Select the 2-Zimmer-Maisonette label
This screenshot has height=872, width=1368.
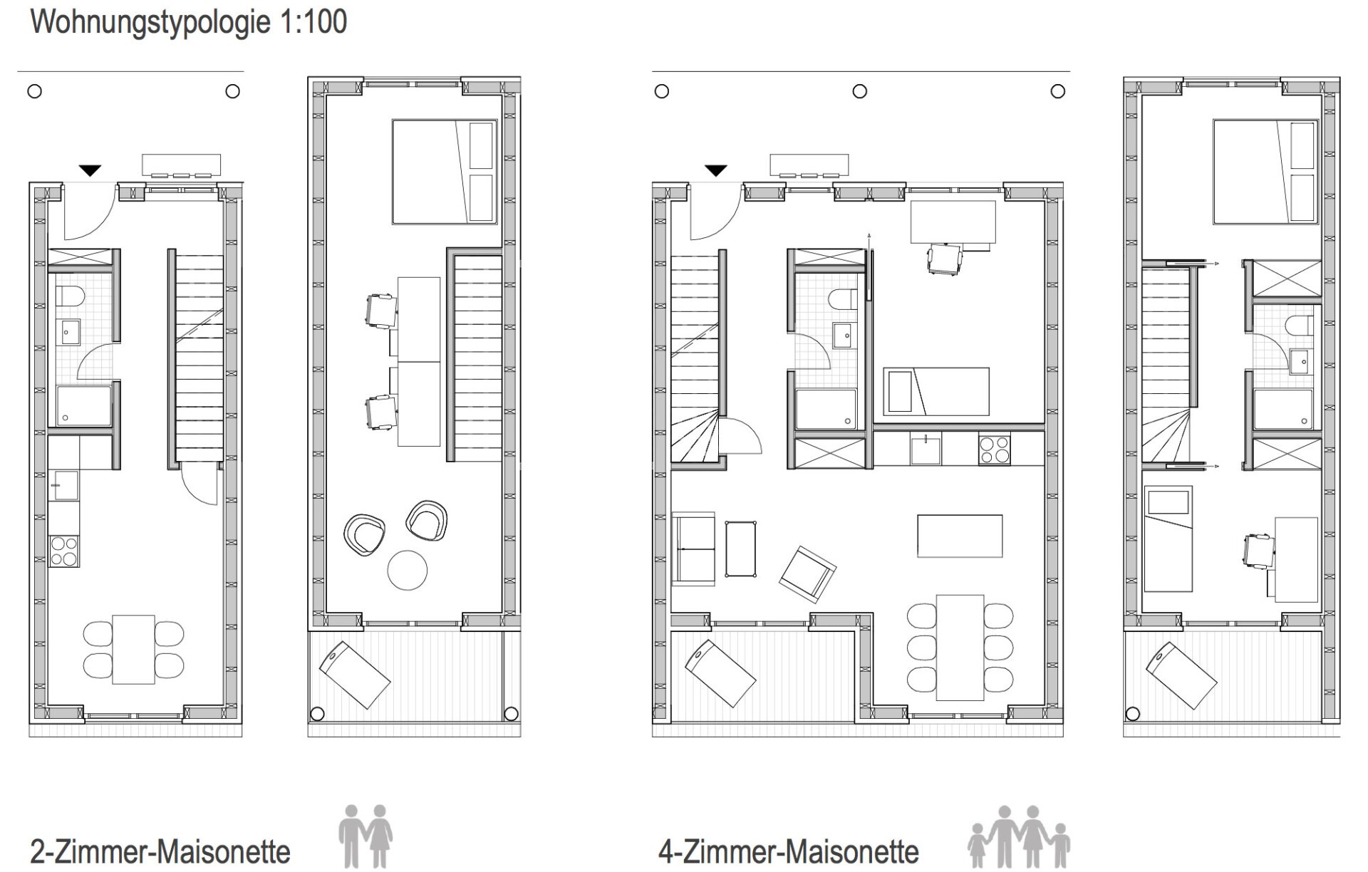click(x=160, y=851)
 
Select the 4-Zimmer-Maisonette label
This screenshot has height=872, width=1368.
click(x=789, y=851)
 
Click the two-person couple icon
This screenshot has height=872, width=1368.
click(x=366, y=836)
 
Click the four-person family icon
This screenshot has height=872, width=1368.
click(x=1019, y=837)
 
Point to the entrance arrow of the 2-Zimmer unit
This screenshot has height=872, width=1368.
click(x=90, y=171)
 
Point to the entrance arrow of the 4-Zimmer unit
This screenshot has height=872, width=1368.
click(x=716, y=171)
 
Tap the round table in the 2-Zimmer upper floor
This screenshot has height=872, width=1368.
click(x=408, y=570)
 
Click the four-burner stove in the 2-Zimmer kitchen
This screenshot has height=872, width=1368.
click(x=64, y=551)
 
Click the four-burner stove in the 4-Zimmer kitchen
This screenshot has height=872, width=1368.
click(x=994, y=449)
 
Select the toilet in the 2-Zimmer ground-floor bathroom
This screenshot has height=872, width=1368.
click(x=70, y=296)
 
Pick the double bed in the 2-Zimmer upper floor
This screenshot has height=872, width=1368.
click(x=445, y=172)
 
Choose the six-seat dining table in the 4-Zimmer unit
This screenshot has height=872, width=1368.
click(x=960, y=648)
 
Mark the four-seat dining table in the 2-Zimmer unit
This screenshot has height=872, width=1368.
click(x=133, y=650)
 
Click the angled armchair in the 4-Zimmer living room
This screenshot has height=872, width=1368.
click(x=807, y=574)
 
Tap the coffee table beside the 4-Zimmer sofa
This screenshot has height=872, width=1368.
click(x=740, y=549)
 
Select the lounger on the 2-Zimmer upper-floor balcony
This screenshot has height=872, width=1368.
click(x=355, y=675)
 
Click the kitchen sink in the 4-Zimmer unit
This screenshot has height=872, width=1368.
click(x=926, y=449)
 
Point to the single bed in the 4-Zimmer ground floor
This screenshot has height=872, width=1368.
click(x=936, y=391)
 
